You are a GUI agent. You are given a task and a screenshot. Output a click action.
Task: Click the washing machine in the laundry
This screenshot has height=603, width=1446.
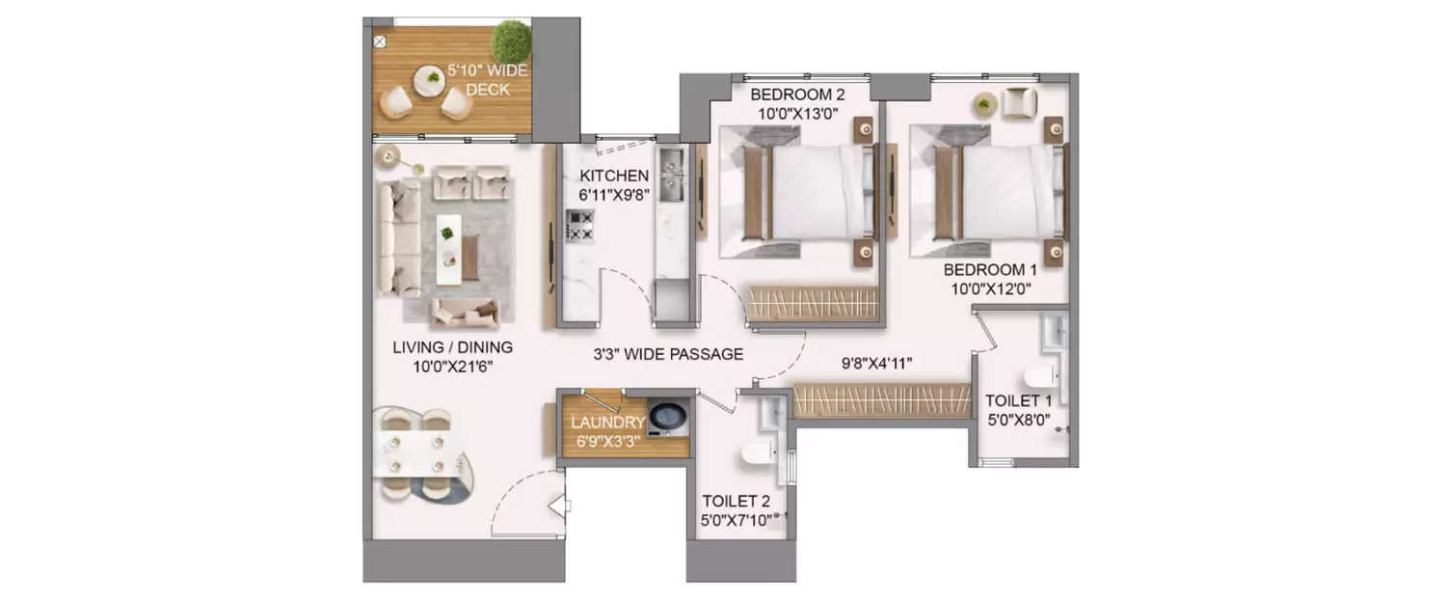pyautogui.click(x=667, y=418)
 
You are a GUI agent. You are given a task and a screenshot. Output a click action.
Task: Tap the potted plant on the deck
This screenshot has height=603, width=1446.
pyautogui.click(x=511, y=41)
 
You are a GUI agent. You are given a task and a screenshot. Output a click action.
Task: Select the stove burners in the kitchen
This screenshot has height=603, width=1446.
pyautogui.click(x=579, y=225)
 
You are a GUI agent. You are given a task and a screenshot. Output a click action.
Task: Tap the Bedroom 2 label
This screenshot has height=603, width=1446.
pyautogui.click(x=797, y=95)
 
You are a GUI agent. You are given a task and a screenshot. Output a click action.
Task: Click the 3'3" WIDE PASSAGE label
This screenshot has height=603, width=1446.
pyautogui.click(x=668, y=354)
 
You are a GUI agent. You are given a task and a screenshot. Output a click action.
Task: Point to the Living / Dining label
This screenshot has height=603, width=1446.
pyautogui.click(x=452, y=347)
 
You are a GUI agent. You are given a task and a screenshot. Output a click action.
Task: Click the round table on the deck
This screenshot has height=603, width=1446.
pyautogui.click(x=429, y=80)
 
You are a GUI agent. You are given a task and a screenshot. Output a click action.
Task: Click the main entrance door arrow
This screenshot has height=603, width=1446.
pyautogui.click(x=559, y=505)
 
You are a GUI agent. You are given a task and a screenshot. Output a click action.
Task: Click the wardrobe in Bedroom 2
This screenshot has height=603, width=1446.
pyautogui.click(x=813, y=303)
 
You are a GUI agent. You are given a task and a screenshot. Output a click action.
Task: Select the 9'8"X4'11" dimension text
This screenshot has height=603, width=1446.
pyautogui.click(x=876, y=363)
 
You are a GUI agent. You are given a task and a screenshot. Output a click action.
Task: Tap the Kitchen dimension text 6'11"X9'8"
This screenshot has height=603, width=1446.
pyautogui.click(x=614, y=194)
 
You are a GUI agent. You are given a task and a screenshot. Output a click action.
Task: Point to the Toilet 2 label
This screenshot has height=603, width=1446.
pyautogui.click(x=736, y=501)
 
